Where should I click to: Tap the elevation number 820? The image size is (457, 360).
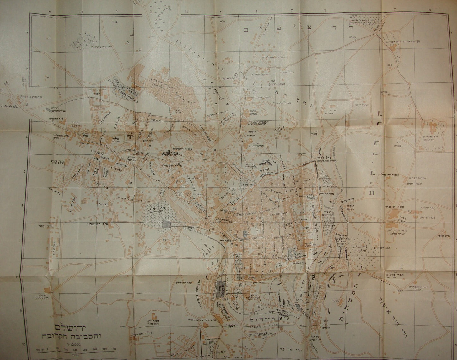click(x=389, y=64)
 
